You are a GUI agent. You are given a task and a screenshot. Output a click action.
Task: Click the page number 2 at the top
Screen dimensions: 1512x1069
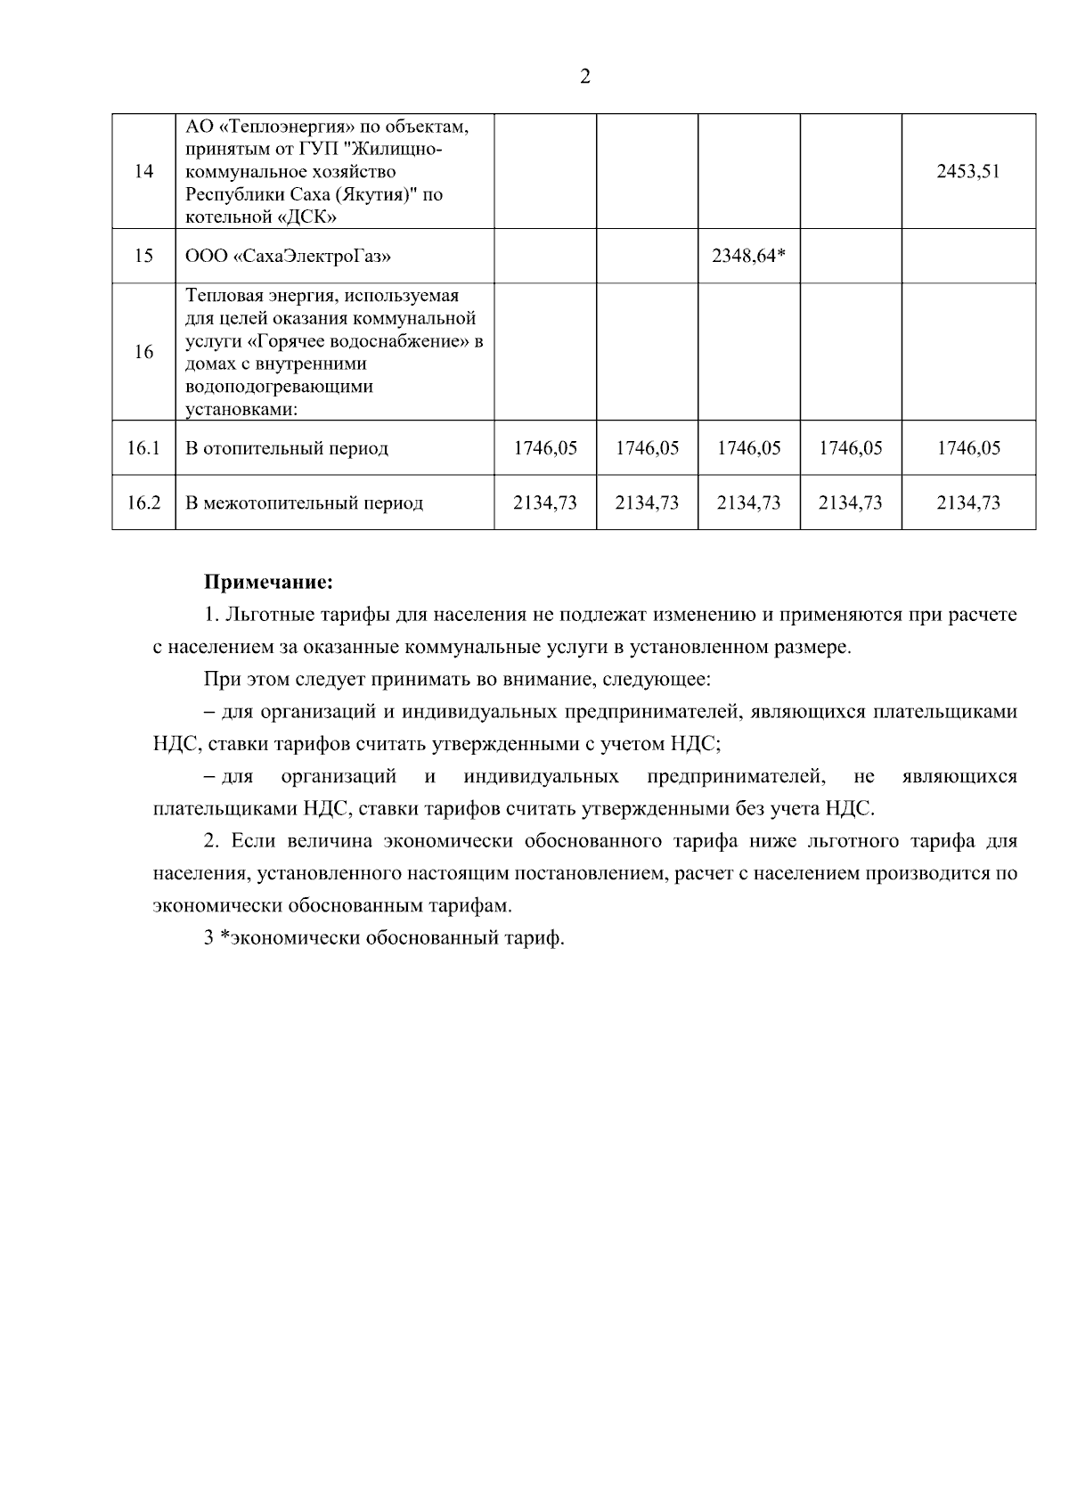(x=584, y=77)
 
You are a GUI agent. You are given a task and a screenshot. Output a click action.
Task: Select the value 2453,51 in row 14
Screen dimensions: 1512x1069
(x=967, y=172)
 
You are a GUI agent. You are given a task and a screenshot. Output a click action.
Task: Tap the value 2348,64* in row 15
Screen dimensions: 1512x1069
(x=748, y=257)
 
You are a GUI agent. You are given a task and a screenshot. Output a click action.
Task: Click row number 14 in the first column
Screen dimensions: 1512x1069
(x=143, y=172)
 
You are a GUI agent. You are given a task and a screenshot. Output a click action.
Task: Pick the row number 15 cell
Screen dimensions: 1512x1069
(x=143, y=257)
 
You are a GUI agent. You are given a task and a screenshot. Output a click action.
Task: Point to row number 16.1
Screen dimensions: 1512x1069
(x=143, y=448)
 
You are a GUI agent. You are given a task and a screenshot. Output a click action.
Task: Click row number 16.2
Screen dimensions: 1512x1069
(x=143, y=503)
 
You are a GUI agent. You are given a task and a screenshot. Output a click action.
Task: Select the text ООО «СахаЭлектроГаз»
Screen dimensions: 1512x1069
(x=288, y=257)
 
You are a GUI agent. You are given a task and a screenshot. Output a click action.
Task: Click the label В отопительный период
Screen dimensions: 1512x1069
(x=287, y=448)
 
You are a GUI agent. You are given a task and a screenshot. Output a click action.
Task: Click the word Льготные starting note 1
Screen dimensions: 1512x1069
(x=264, y=615)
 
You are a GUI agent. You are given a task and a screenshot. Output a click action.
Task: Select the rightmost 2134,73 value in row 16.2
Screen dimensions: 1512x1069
(x=967, y=503)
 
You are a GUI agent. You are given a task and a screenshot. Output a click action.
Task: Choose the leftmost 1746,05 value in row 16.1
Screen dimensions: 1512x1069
(x=545, y=448)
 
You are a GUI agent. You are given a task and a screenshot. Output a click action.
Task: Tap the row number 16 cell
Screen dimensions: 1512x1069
(x=143, y=352)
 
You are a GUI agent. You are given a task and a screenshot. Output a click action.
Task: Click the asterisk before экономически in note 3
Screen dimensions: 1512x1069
(x=224, y=938)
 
